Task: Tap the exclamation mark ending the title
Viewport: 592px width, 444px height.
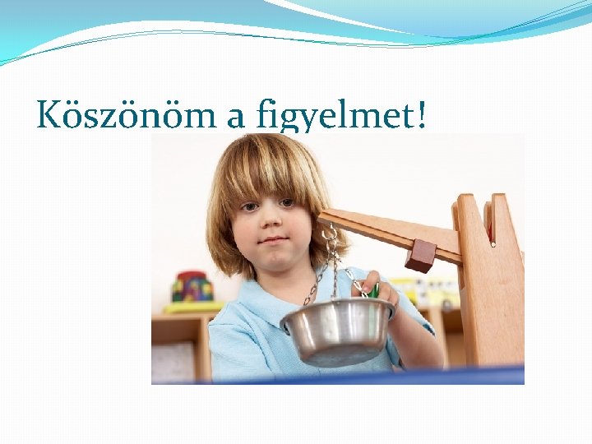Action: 421,115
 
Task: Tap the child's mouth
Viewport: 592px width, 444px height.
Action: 274,241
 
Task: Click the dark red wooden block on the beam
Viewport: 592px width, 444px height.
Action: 420,255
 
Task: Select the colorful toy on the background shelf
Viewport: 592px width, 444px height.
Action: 191,287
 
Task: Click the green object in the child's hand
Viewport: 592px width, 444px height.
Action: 373,290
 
